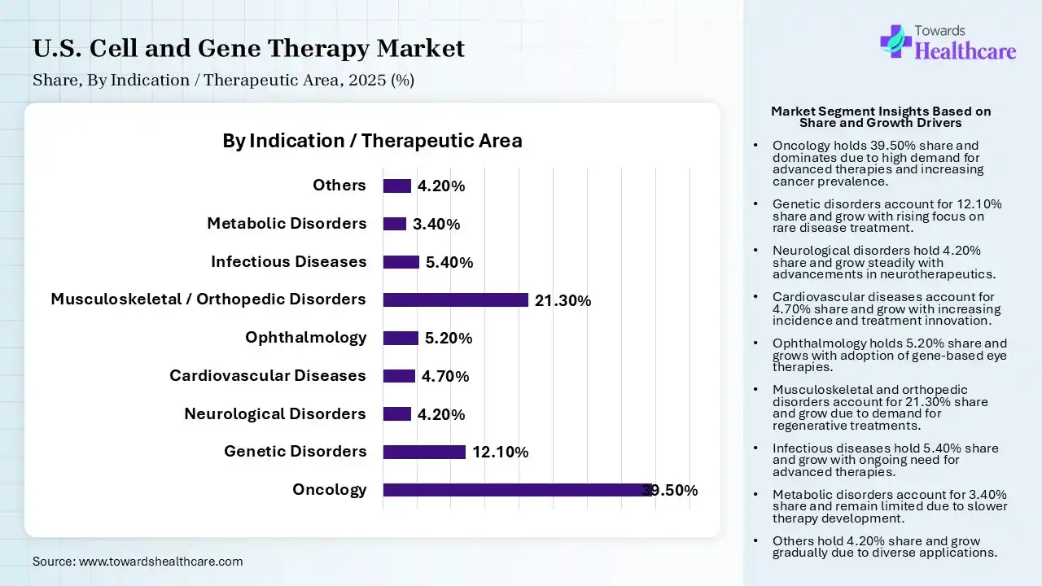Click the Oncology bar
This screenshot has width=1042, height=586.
518,490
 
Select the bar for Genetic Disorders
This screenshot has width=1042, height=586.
424,452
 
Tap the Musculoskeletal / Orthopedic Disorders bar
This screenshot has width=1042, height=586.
456,300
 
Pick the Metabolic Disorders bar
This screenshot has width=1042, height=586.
395,224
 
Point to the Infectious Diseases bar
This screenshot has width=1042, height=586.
401,262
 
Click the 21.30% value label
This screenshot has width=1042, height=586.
563,300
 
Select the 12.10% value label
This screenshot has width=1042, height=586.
500,453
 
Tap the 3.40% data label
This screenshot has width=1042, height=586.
436,225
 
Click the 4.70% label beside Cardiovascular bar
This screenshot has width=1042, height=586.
445,376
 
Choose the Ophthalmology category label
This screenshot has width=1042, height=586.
305,337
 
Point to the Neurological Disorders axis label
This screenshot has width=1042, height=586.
275,413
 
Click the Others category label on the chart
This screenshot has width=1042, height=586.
339,186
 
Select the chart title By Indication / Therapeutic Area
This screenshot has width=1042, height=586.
372,141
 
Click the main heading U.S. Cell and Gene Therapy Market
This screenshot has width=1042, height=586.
248,48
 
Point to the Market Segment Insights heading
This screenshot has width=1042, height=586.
881,116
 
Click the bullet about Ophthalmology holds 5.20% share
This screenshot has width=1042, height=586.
890,355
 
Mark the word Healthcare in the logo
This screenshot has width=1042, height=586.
965,51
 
